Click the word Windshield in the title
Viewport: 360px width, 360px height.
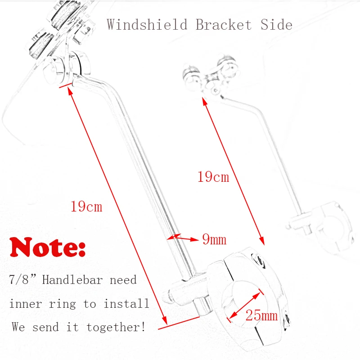146,24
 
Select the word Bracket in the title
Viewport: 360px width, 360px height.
224,24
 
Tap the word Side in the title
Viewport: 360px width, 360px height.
276,24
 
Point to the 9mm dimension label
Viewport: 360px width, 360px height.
214,239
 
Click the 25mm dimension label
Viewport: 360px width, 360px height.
261,315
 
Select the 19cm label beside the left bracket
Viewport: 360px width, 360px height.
86,207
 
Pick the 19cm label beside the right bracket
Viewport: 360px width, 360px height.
213,177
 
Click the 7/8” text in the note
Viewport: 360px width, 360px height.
22,280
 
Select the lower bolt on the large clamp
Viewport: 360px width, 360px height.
286,320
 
